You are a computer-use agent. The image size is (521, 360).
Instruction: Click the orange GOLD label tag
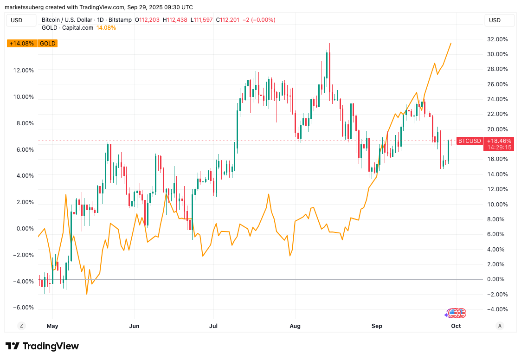[x=48, y=44]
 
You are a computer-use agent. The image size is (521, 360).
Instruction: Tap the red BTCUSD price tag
[x=470, y=141]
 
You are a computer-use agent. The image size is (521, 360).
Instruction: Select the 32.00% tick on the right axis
[x=496, y=39]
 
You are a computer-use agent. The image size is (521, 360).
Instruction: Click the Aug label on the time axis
[x=295, y=326]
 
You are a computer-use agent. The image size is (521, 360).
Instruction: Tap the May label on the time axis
[x=52, y=326]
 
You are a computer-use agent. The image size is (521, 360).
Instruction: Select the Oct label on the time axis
[x=456, y=326]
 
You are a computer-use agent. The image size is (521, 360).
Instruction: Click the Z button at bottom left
[x=21, y=326]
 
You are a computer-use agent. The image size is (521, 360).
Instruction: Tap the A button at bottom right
[x=500, y=326]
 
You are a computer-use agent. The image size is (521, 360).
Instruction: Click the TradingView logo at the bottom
[x=42, y=346]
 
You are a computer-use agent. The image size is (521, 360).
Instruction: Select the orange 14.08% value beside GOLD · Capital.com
[x=106, y=28]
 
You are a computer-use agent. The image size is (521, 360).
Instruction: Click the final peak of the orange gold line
[x=451, y=43]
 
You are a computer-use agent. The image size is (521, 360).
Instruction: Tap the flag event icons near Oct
[x=456, y=313]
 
